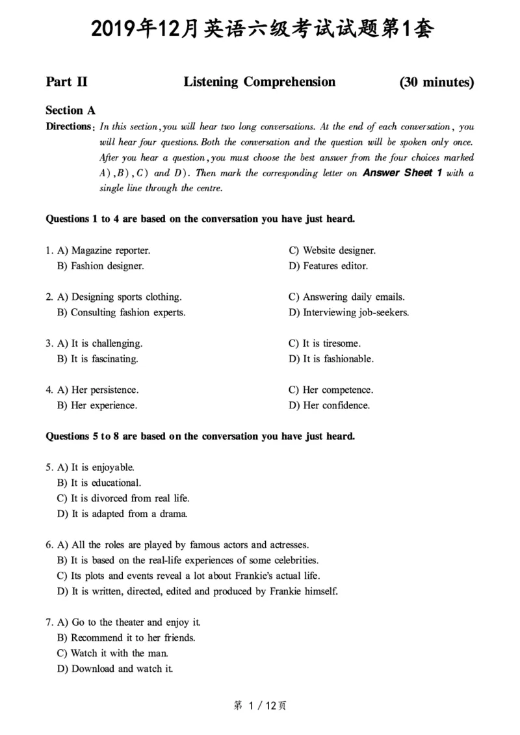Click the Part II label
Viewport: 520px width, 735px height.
pyautogui.click(x=66, y=82)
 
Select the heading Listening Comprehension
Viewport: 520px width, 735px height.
pyautogui.click(x=259, y=82)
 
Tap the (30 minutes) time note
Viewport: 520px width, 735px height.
pyautogui.click(x=436, y=83)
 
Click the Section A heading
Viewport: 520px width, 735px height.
pyautogui.click(x=70, y=111)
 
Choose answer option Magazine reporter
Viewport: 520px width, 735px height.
pyautogui.click(x=104, y=250)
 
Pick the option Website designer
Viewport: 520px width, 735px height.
pyautogui.click(x=332, y=250)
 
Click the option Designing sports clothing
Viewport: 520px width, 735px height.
pyautogui.click(x=120, y=297)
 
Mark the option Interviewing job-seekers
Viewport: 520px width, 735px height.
pyautogui.click(x=349, y=313)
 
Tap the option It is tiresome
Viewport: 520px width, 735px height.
pyautogui.click(x=324, y=343)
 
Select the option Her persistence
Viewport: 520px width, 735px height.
pyautogui.click(x=98, y=390)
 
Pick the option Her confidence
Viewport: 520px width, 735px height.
pyautogui.click(x=330, y=406)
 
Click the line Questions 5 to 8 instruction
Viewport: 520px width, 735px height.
pyautogui.click(x=200, y=436)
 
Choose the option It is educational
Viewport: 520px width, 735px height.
pyautogui.click(x=99, y=483)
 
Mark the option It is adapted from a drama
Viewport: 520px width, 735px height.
pyautogui.click(x=123, y=514)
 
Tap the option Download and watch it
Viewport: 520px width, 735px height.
pyautogui.click(x=115, y=669)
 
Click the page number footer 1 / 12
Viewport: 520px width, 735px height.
pyautogui.click(x=259, y=706)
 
